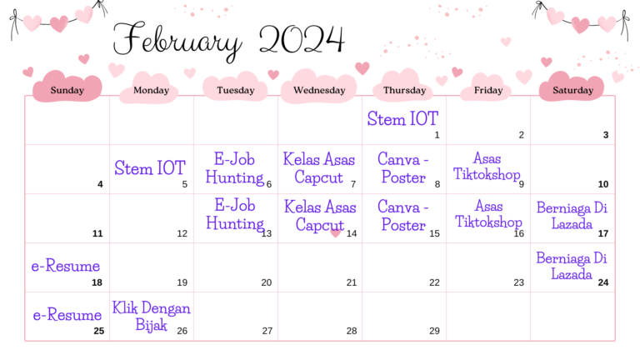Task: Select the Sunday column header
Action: pyautogui.click(x=67, y=90)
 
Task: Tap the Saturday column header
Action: pyautogui.click(x=572, y=90)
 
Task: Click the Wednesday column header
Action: pyautogui.click(x=319, y=90)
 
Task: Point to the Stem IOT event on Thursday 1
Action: pyautogui.click(x=402, y=118)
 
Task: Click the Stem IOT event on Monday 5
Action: pyautogui.click(x=150, y=168)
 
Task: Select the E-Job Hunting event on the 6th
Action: pyautogui.click(x=234, y=168)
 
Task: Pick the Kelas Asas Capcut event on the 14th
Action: pyautogui.click(x=318, y=215)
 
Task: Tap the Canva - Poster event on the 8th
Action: pyautogui.click(x=402, y=167)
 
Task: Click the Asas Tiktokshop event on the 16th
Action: pyautogui.click(x=487, y=213)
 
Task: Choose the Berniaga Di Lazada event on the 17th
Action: pyautogui.click(x=572, y=215)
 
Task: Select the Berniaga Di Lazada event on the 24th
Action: pyautogui.click(x=572, y=264)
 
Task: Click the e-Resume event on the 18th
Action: pyautogui.click(x=66, y=266)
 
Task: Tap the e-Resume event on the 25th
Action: pyautogui.click(x=66, y=315)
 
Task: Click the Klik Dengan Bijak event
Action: pyautogui.click(x=151, y=317)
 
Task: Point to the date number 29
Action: pyautogui.click(x=434, y=331)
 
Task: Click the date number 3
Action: pyautogui.click(x=605, y=135)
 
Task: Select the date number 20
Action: pyautogui.click(x=267, y=282)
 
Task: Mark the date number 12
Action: pyautogui.click(x=182, y=233)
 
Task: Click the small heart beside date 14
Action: pyautogui.click(x=335, y=233)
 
